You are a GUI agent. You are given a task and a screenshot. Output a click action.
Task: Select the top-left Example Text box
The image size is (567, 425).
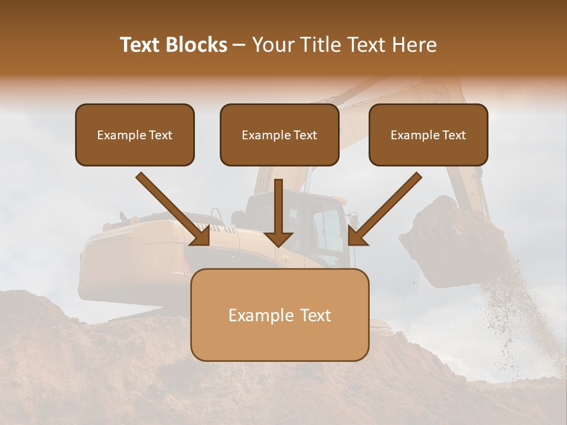tap(135, 135)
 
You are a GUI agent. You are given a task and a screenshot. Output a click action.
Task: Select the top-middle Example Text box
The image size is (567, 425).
tap(279, 135)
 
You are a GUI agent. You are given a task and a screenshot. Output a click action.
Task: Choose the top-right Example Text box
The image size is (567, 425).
tap(428, 135)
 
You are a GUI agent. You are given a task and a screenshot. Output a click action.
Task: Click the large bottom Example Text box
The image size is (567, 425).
tap(279, 315)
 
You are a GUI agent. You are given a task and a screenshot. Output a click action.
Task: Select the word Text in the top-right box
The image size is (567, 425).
tap(454, 135)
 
